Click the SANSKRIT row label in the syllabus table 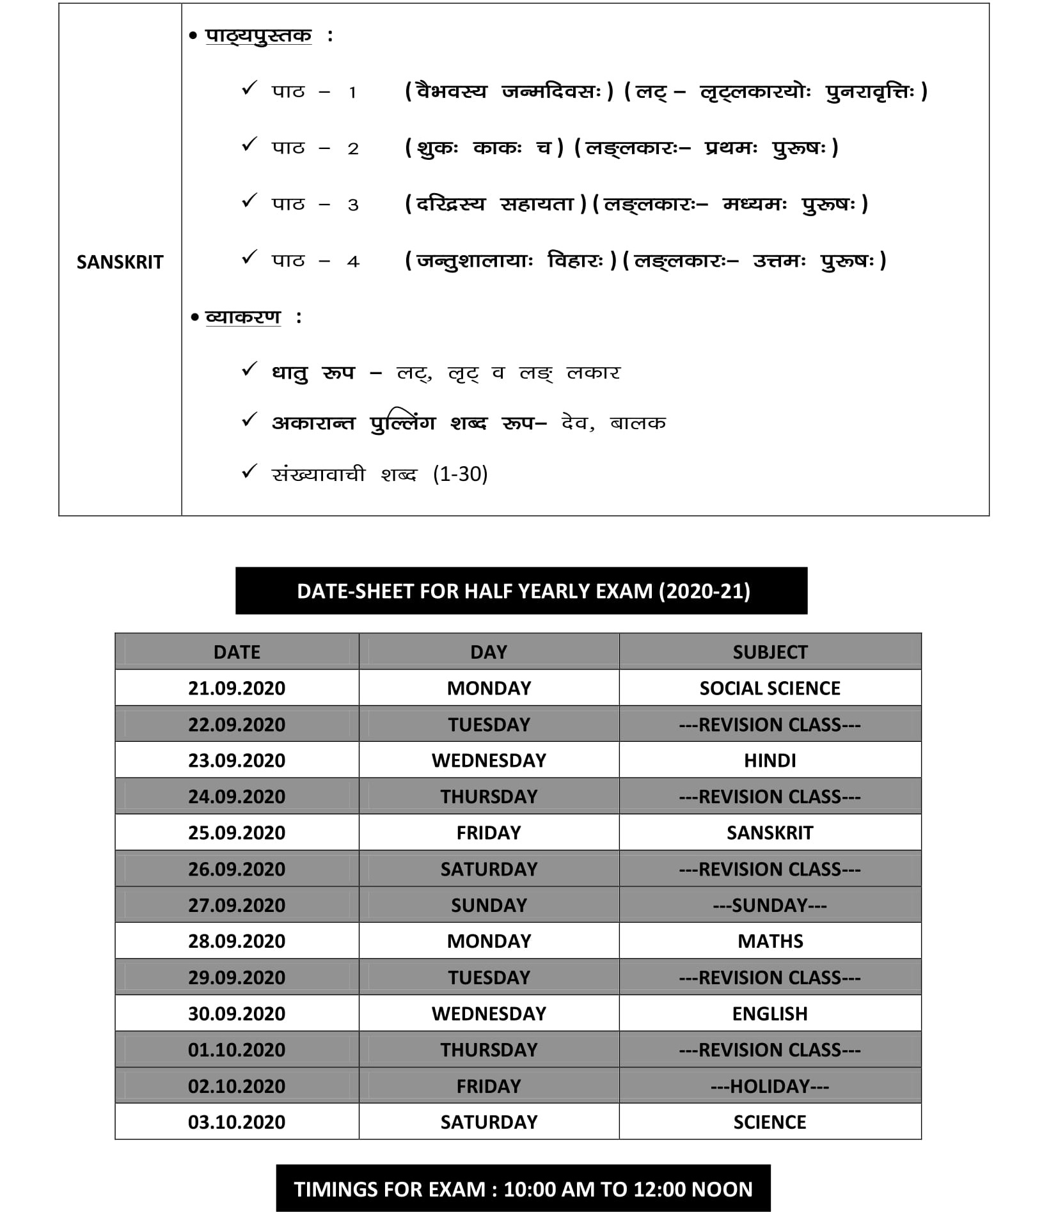(x=120, y=262)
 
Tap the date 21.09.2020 (x=236, y=688)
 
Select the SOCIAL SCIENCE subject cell (x=770, y=688)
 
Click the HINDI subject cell (x=770, y=760)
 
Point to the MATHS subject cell (x=770, y=941)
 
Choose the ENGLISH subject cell (x=770, y=1014)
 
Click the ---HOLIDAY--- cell (x=770, y=1086)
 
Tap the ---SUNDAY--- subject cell (x=770, y=905)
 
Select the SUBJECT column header (x=770, y=652)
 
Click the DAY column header (x=489, y=652)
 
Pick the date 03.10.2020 (x=236, y=1122)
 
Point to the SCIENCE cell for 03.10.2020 (x=770, y=1122)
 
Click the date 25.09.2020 (x=236, y=833)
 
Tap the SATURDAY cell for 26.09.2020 (x=489, y=869)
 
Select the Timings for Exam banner (x=523, y=1189)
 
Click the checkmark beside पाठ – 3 (x=249, y=201)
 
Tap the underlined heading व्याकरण (x=243, y=317)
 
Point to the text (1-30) (x=460, y=474)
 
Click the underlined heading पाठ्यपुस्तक (x=258, y=35)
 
